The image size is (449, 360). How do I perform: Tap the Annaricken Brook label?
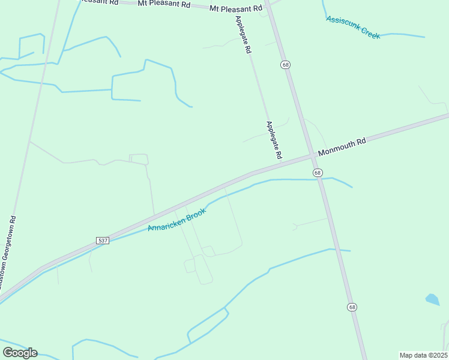coord(177,220)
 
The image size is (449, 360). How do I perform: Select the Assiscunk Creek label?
coord(353,28)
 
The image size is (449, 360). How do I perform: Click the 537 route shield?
coord(103,240)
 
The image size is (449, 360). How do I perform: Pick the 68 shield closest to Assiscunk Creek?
coord(285,65)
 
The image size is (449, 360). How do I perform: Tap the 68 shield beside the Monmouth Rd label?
coord(318,173)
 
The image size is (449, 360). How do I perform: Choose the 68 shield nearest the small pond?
coord(352,307)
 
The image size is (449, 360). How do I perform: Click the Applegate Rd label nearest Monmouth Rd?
coord(274,140)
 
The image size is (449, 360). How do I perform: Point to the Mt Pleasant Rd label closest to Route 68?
coord(236,8)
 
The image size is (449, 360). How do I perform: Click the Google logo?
coord(20,353)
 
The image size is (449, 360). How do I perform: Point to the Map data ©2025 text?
coord(423,355)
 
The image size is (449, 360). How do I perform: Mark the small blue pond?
coord(432,299)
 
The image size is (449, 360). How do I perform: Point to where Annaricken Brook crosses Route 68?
coord(319,179)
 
